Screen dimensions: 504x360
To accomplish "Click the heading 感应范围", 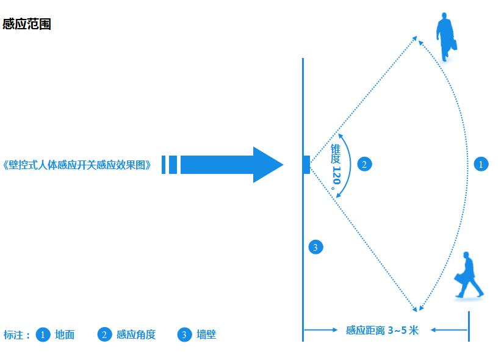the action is point(27,24).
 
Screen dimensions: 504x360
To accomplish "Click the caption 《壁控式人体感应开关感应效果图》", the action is point(76,165).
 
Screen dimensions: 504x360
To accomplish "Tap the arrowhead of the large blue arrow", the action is point(268,165).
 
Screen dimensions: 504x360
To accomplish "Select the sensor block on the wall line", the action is point(306,165).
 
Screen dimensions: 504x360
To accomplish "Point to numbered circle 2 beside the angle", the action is point(364,164).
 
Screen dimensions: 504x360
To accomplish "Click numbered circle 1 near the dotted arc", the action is point(481,164).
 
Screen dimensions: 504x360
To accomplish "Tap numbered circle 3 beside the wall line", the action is point(315,247).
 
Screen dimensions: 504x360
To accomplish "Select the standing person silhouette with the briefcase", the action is point(446,37).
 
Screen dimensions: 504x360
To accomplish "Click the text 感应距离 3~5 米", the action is point(382,330).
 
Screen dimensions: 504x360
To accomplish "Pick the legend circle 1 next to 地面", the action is point(43,334).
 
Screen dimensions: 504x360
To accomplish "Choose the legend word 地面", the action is point(65,334).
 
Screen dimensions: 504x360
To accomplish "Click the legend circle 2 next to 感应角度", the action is point(104,334).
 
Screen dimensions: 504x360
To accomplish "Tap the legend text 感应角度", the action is point(136,334).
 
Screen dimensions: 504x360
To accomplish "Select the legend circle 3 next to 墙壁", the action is point(184,334).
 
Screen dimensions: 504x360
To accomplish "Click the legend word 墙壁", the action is point(206,334).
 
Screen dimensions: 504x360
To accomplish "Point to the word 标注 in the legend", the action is point(13,335).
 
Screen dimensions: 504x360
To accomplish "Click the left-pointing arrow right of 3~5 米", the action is point(449,329).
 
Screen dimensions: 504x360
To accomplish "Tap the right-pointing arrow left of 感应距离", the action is point(320,329).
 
